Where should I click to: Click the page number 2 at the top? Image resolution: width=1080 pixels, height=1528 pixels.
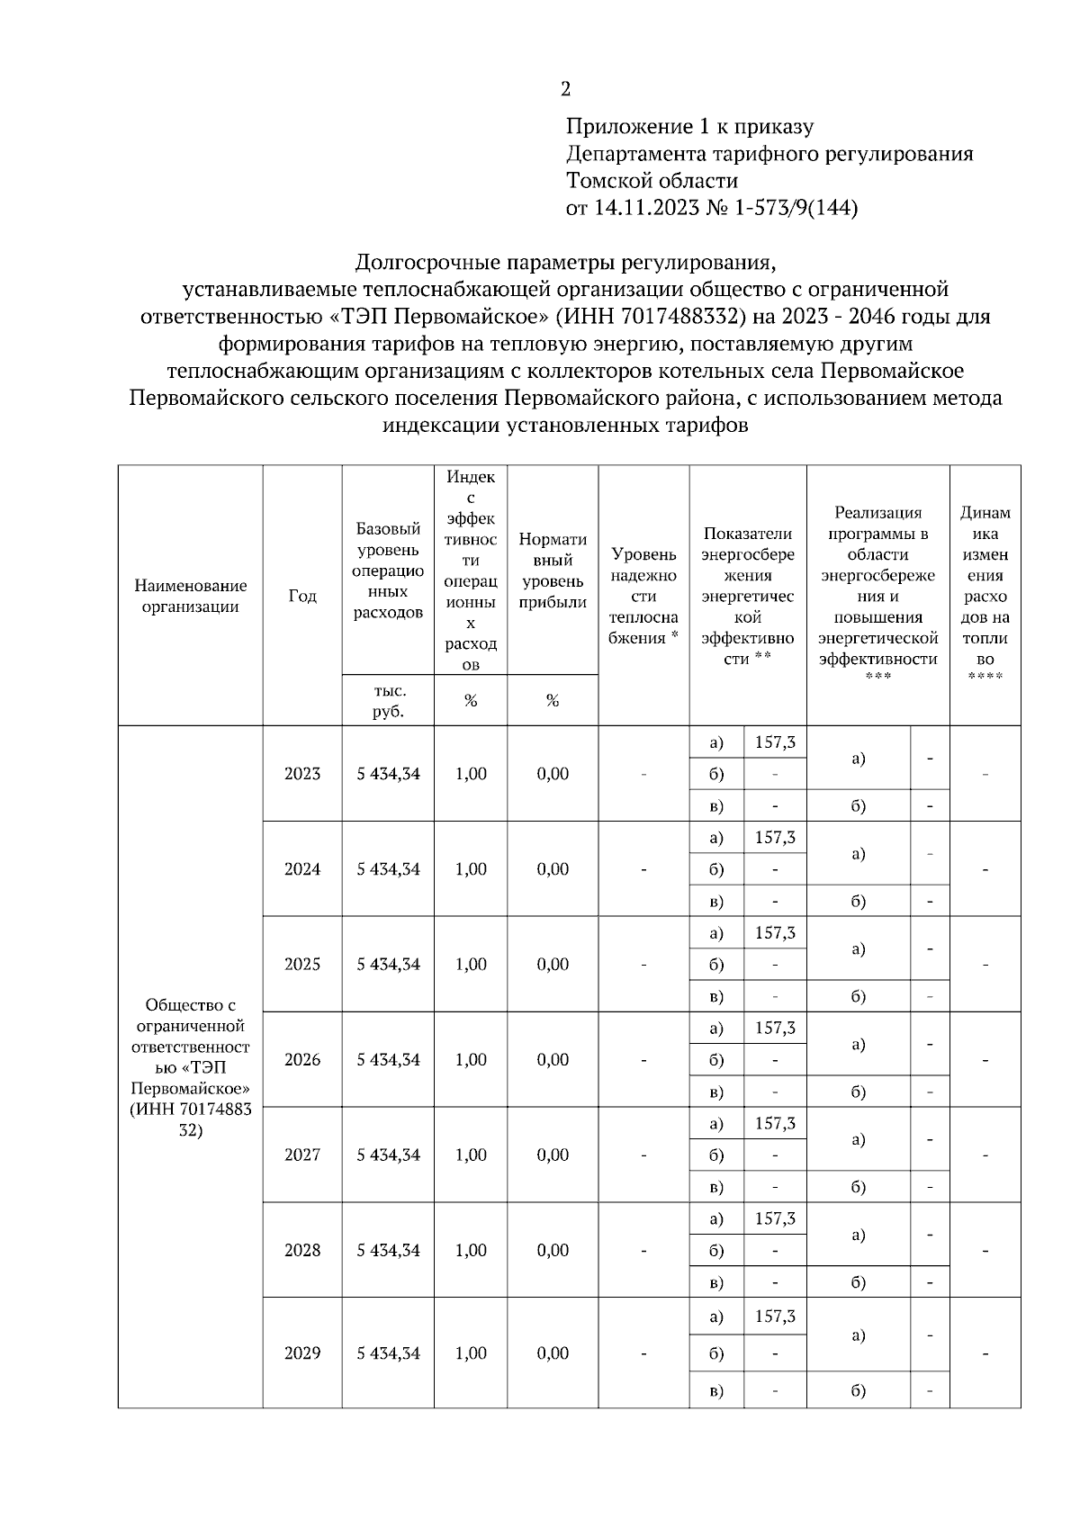point(565,89)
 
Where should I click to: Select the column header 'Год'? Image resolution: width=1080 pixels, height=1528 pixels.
point(302,596)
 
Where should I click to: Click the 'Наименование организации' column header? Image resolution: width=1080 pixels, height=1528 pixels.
point(190,596)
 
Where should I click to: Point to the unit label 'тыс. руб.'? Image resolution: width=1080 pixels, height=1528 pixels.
point(388,701)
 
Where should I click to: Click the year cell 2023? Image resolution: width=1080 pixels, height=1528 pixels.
point(302,774)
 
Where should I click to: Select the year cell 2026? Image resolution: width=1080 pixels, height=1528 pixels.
point(302,1060)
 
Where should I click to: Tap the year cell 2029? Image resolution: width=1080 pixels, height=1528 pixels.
point(302,1353)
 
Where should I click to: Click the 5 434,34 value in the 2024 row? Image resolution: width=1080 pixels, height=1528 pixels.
point(388,869)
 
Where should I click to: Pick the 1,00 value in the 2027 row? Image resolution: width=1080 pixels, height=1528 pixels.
point(471,1155)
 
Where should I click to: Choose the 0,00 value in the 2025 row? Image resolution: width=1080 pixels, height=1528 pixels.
point(553,965)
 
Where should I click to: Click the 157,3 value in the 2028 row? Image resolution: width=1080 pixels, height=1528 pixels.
point(775,1219)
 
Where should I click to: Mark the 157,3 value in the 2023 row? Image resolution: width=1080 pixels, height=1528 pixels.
point(775,742)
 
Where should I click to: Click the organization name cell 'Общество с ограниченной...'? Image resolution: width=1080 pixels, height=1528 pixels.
point(190,1067)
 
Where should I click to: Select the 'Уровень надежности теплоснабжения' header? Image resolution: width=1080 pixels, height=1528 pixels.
point(643,596)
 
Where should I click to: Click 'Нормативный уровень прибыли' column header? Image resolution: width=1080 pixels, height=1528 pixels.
point(553,571)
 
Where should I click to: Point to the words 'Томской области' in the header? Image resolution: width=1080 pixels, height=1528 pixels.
point(652,181)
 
